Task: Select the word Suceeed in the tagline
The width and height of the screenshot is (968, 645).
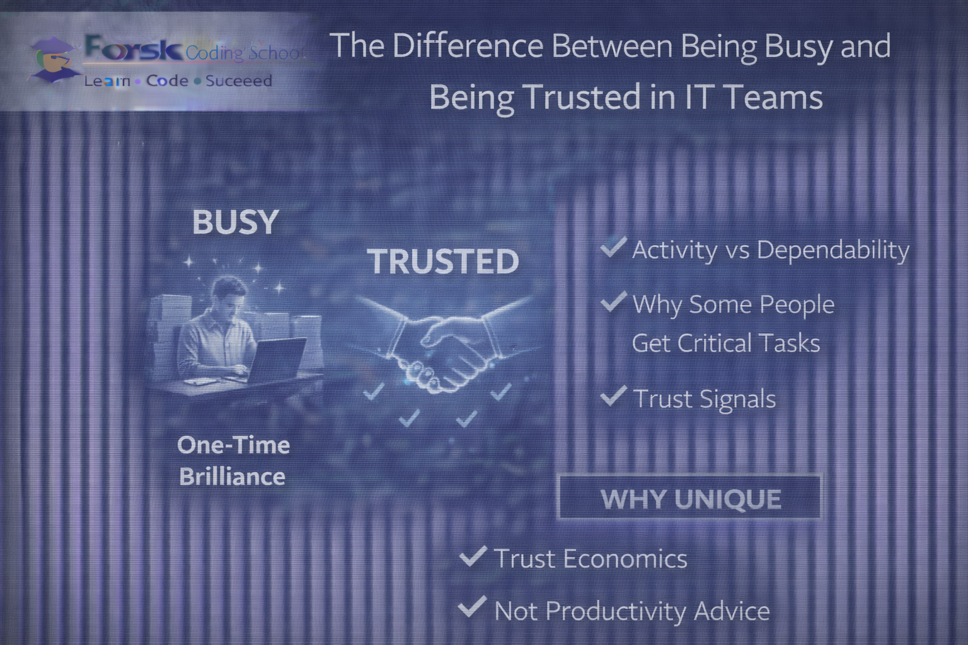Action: [x=239, y=81]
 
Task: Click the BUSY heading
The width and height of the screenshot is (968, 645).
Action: [x=235, y=222]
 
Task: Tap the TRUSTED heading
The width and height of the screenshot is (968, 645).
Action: [x=443, y=262]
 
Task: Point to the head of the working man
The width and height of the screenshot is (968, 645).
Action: [x=228, y=294]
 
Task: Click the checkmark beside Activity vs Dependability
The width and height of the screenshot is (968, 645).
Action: [x=613, y=247]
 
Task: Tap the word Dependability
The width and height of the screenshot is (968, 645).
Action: [x=833, y=250]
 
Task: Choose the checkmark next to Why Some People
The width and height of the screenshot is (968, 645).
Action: [x=613, y=302]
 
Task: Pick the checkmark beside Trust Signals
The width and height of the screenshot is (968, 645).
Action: [x=613, y=396]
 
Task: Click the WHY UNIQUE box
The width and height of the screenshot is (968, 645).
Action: [x=691, y=498]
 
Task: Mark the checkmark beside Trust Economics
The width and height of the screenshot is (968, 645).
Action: [x=473, y=556]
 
